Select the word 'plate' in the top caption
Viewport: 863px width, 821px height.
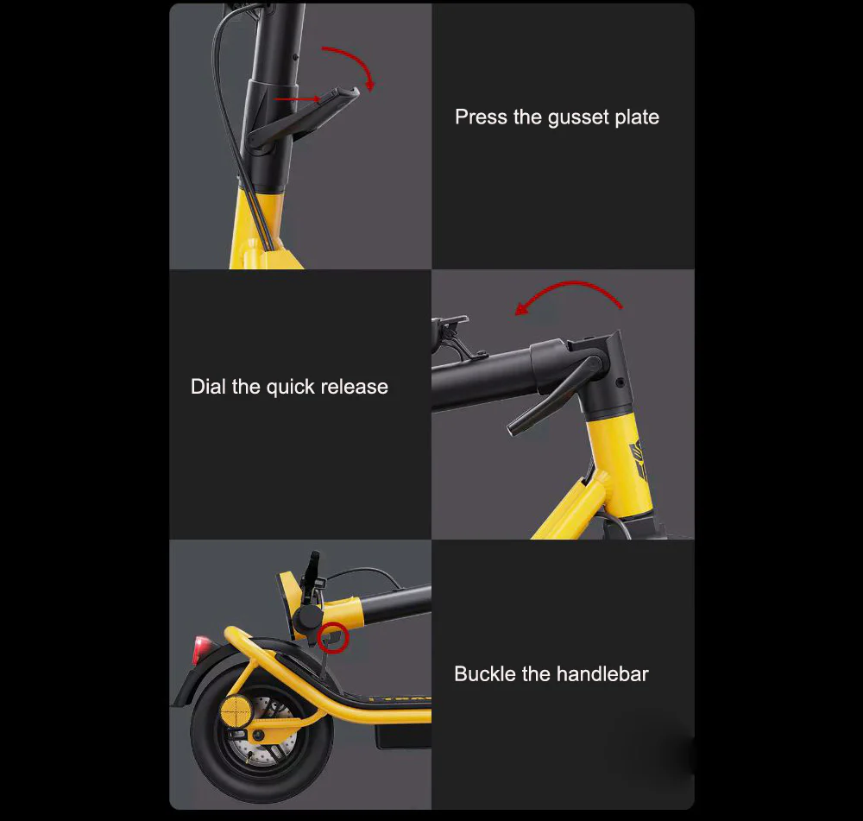[637, 117]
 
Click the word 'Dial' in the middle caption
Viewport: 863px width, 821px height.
[208, 386]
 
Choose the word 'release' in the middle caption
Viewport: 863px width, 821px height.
[355, 387]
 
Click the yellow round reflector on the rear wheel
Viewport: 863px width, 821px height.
[236, 711]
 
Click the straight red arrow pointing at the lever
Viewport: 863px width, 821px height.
[297, 99]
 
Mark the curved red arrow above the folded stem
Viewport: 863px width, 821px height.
[572, 283]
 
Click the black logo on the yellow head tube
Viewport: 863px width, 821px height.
[639, 457]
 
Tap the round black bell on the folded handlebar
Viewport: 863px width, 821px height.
[307, 619]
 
